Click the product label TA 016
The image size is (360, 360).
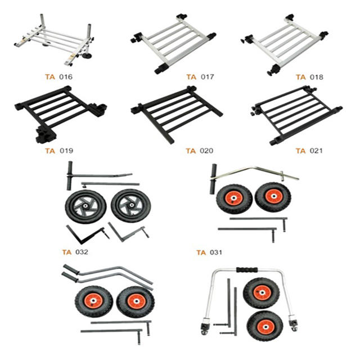coord(58,76)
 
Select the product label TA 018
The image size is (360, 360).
coord(309,76)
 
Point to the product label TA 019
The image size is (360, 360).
coord(59,150)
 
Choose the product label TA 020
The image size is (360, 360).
coord(199,150)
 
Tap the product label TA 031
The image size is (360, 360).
coord(209,253)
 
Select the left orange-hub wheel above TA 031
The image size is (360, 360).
coord(233,199)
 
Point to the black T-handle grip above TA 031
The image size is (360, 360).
coord(214,179)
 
